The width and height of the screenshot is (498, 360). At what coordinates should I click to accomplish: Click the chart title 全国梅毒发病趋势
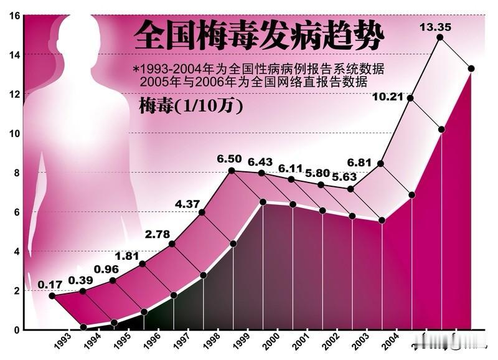259,35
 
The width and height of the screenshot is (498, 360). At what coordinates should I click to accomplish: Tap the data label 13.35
435,27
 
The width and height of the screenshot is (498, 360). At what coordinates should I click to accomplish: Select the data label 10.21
388,95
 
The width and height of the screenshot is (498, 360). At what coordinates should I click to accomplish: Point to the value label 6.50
229,159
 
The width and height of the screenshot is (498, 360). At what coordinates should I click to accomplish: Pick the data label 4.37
187,204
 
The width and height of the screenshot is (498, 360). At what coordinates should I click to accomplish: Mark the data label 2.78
157,235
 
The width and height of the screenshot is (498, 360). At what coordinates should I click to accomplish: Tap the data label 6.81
359,163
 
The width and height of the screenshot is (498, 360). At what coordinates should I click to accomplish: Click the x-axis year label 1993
61,343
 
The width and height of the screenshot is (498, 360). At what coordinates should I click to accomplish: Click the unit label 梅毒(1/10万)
190,106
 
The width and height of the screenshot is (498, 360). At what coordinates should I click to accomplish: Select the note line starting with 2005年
254,82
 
